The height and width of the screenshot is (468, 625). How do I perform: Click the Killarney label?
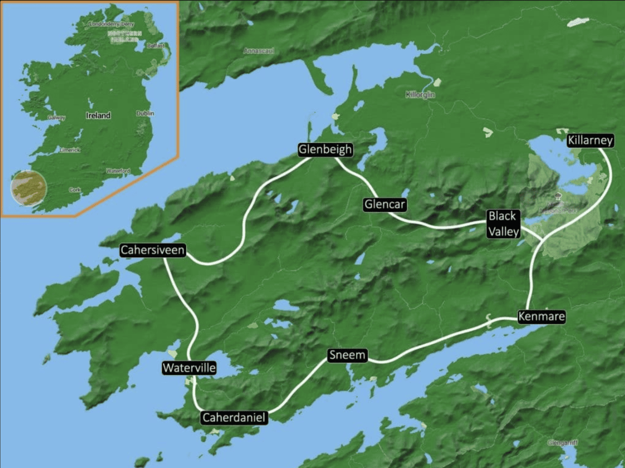(x=591, y=140)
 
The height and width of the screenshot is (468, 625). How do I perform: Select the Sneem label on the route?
(x=347, y=356)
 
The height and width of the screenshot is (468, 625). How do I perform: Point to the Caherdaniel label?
(x=234, y=417)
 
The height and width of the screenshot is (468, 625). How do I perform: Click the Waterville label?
(x=189, y=368)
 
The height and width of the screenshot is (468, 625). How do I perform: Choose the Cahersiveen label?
(x=153, y=250)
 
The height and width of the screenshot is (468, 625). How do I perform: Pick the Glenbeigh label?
(x=326, y=150)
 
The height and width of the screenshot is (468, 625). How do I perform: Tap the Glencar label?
(x=384, y=204)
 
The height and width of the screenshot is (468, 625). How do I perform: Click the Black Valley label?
(x=504, y=224)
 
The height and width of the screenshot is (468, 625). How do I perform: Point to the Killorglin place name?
(x=420, y=95)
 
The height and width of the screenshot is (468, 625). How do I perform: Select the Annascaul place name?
(x=259, y=51)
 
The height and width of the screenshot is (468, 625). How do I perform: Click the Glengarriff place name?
(x=562, y=443)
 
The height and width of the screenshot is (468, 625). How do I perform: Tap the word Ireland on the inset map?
(x=98, y=115)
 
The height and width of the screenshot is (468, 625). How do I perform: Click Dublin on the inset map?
(x=145, y=114)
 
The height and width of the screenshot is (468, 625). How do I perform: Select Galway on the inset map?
(x=56, y=118)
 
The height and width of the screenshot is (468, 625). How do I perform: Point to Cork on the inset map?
(x=74, y=190)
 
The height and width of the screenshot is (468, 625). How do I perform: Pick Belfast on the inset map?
(x=156, y=46)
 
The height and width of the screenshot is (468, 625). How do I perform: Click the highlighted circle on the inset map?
(x=28, y=187)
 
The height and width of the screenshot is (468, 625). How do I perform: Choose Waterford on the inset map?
(x=118, y=171)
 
